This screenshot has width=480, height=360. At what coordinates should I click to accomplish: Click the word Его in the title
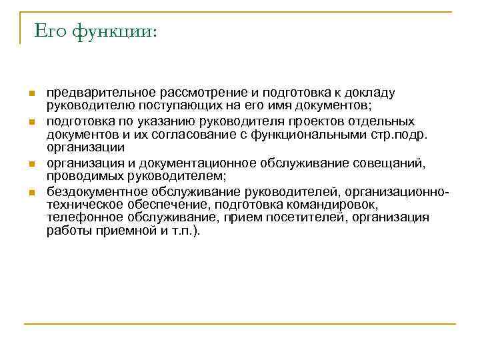pos(48,31)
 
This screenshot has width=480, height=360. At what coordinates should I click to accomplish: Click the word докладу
pos(372,93)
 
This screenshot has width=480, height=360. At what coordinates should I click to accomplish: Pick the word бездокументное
pos(90,191)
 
